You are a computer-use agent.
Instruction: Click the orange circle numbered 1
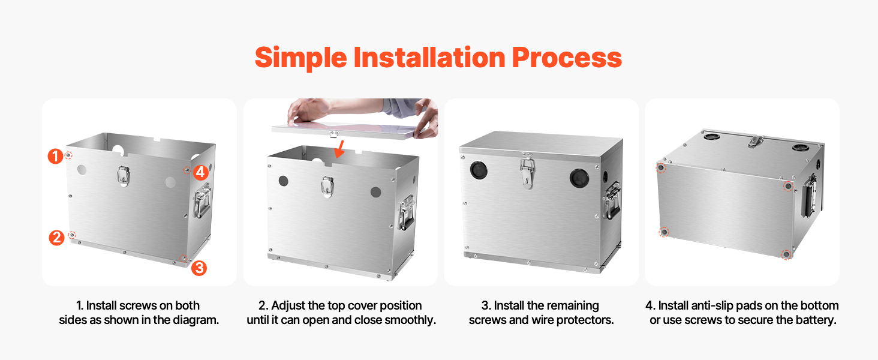pos(55,156)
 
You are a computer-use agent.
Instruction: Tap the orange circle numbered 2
pos(56,238)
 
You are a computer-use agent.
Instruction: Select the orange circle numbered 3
pos(199,268)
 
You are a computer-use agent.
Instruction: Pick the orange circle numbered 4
pos(201,172)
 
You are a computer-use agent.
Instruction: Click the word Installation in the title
pos(429,58)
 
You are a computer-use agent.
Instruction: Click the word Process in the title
pos(567,58)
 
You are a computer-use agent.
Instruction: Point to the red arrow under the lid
pos(340,149)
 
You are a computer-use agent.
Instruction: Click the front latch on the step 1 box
pos(124,176)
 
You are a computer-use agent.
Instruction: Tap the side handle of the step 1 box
pos(202,200)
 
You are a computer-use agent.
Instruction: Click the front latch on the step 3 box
pos(528,173)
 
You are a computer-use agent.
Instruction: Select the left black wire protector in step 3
pos(479,170)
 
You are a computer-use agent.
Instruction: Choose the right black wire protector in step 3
pos(579,178)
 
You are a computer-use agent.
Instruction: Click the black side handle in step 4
pos(809,196)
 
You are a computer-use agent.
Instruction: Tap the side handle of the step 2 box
pos(407,212)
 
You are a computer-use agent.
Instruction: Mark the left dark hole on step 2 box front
pos(284,181)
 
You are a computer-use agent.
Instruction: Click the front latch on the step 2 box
pos(327,186)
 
